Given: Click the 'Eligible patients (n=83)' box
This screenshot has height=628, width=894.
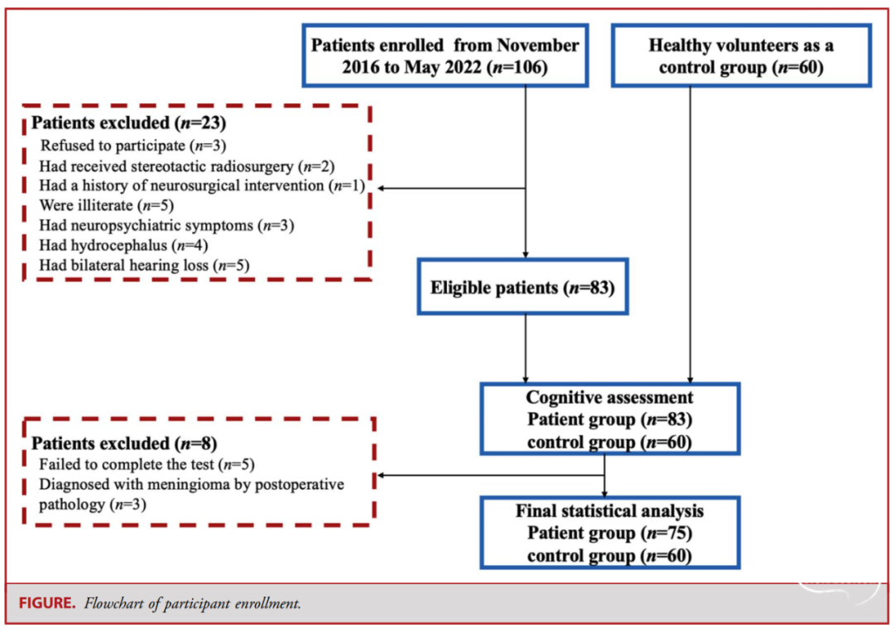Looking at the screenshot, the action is coord(522,286).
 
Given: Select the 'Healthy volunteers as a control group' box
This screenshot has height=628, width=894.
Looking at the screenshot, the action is coord(741,55).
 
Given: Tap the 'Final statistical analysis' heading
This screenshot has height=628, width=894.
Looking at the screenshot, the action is coord(609,511).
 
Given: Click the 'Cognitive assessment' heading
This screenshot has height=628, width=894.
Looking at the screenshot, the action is coord(609,397).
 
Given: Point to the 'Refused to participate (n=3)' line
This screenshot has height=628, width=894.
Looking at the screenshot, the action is coord(133,146).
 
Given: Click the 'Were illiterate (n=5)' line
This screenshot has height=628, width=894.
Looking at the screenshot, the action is coord(107,205).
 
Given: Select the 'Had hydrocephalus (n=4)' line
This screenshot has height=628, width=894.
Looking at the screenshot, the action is coord(123,245).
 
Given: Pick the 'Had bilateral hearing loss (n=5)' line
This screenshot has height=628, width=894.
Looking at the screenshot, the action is coord(144,265).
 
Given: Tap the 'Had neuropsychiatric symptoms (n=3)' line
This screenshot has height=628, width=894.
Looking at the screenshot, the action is coord(166,225).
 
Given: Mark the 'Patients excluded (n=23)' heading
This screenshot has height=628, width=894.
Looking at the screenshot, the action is coord(128,122).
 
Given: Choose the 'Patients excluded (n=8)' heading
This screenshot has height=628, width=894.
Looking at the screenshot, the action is coord(123,443).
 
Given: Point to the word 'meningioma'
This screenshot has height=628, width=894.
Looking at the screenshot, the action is coord(208,484).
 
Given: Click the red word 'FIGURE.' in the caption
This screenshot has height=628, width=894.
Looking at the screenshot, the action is coord(46,603).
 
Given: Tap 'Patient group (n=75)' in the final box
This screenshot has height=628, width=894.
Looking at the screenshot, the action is coord(609,533).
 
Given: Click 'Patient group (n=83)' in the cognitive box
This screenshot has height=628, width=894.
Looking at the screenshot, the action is coord(609,419).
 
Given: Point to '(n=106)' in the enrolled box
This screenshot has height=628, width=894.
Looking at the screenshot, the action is coord(517,67).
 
